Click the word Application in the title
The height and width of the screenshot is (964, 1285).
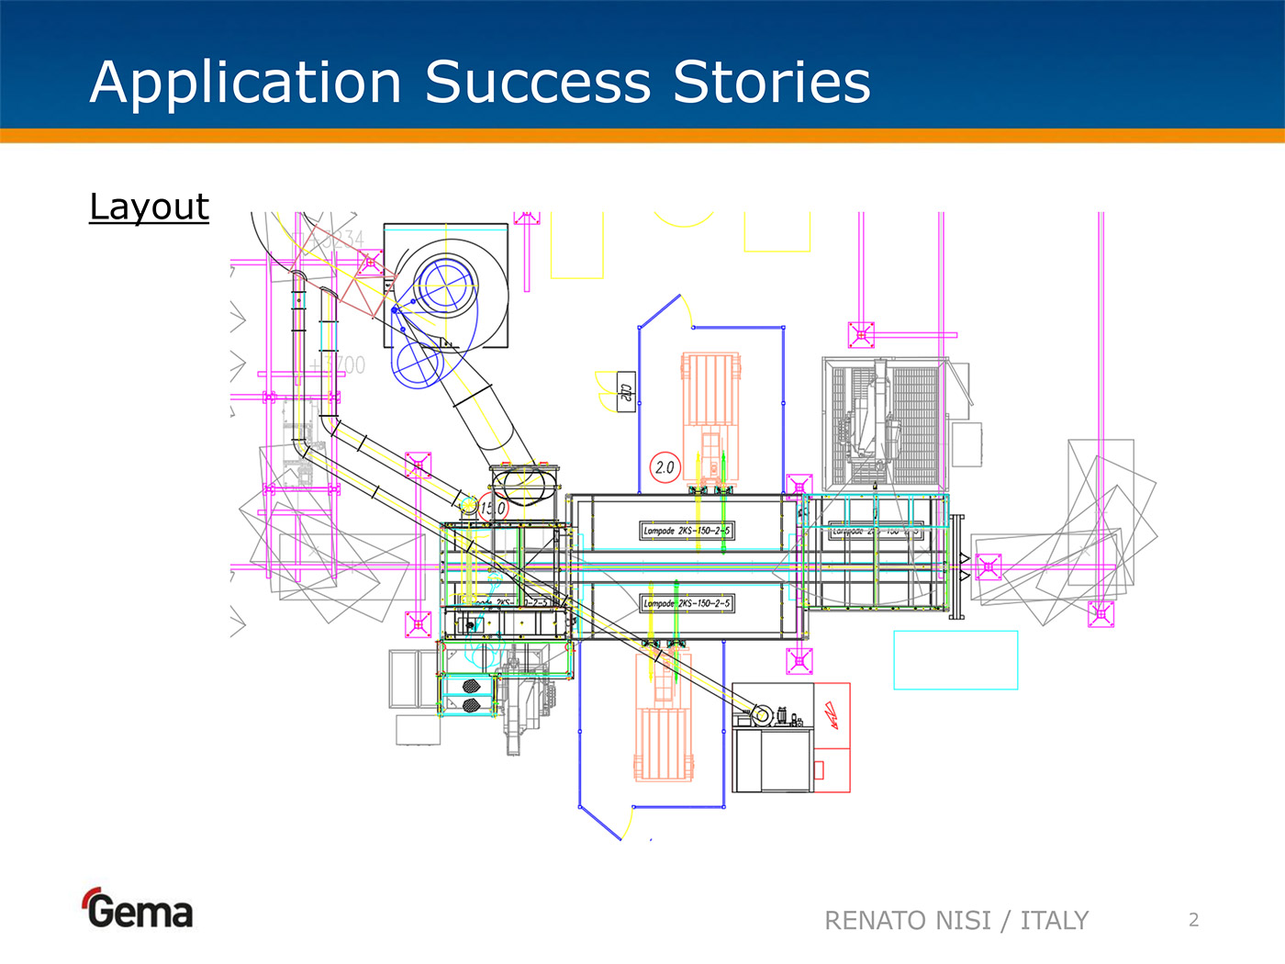point(246,84)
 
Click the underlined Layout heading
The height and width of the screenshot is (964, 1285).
point(149,207)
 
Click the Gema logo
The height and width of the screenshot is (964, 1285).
point(139,910)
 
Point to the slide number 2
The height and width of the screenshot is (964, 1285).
point(1193,920)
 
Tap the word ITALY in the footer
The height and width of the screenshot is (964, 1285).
point(1054,920)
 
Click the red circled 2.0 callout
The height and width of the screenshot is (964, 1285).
point(665,467)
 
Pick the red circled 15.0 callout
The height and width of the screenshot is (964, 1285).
point(493,507)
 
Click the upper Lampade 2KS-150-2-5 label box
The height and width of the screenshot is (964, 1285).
point(687,531)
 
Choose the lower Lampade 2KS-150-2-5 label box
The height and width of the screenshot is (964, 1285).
point(687,603)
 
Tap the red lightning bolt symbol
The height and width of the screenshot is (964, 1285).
point(832,714)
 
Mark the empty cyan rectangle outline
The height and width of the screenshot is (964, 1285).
point(955,659)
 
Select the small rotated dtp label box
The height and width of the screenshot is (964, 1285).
point(626,392)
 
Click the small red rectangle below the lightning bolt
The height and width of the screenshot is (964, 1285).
point(819,769)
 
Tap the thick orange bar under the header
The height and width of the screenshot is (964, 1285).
point(642,136)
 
